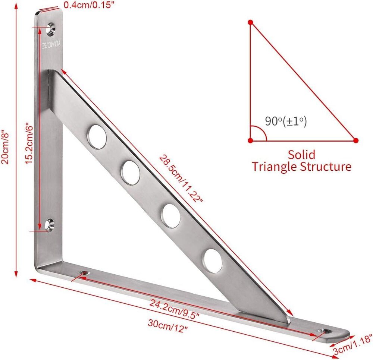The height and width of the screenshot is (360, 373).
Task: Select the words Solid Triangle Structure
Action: point(301,160)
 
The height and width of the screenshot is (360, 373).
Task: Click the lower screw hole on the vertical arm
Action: point(50,224)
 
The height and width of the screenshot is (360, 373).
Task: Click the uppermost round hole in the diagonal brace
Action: point(97,137)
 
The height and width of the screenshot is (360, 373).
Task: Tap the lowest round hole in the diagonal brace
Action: point(213,260)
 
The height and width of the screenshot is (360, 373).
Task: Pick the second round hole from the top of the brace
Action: point(131,173)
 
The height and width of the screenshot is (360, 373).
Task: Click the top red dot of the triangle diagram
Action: point(251,22)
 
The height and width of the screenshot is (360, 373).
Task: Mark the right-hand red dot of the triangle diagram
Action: point(355,140)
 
